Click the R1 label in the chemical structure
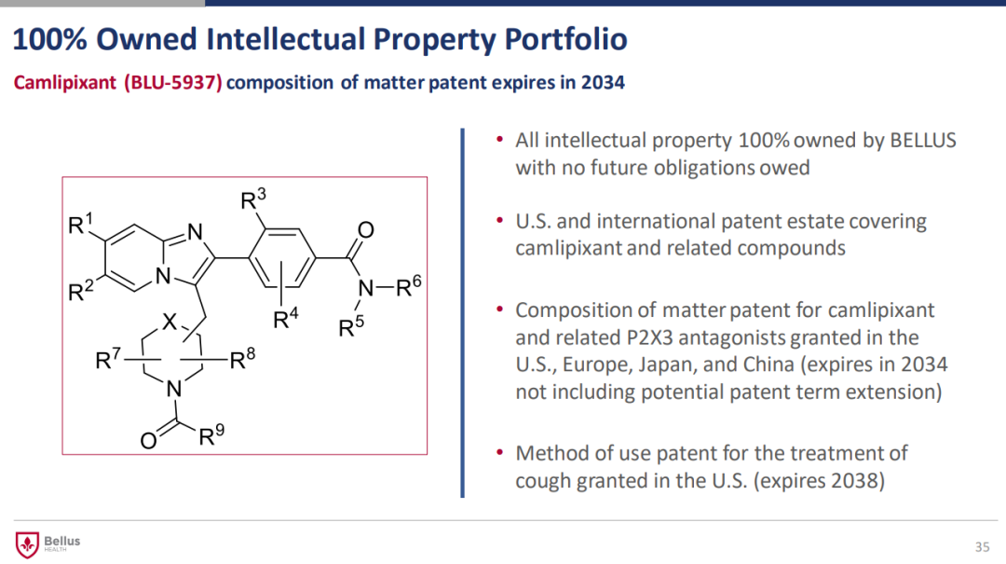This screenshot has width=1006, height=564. pyautogui.click(x=80, y=224)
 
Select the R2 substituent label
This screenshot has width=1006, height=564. pyautogui.click(x=81, y=290)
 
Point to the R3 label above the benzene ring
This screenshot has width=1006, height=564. pyautogui.click(x=252, y=199)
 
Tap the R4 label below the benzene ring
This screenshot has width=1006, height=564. pyautogui.click(x=286, y=317)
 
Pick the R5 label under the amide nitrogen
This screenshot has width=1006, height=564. pyautogui.click(x=351, y=326)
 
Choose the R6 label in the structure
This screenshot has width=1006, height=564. pyautogui.click(x=408, y=286)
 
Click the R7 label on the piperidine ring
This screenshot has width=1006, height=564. pyautogui.click(x=108, y=358)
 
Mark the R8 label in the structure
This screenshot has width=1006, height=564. pyautogui.click(x=242, y=358)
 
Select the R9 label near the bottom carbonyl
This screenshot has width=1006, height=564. pyautogui.click(x=211, y=434)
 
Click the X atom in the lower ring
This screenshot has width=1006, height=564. pyautogui.click(x=169, y=322)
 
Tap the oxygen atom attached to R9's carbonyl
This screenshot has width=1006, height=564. pyautogui.click(x=148, y=441)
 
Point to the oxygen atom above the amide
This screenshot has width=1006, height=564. pyautogui.click(x=366, y=230)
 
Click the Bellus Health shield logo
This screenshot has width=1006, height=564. pyautogui.click(x=27, y=544)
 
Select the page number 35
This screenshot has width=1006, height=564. pyautogui.click(x=983, y=546)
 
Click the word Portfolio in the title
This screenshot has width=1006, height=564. pyautogui.click(x=565, y=39)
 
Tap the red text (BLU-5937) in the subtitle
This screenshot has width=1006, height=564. pyautogui.click(x=173, y=83)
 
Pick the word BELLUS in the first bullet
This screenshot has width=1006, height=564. pyautogui.click(x=923, y=140)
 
